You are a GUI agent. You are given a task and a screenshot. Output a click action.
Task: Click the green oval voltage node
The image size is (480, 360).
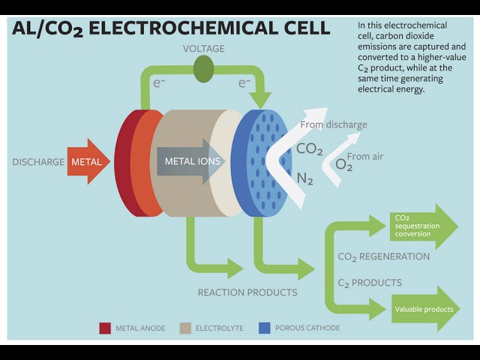click(x=203, y=70)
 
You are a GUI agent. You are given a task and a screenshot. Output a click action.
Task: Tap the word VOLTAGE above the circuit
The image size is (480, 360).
click(x=203, y=49)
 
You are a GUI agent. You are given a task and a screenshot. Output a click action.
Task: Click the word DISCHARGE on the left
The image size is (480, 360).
click(x=38, y=162)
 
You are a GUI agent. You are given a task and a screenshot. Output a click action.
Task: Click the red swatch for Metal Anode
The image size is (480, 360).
click(x=105, y=328)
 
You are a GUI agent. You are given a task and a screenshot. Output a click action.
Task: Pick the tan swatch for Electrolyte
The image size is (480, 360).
click(x=184, y=328)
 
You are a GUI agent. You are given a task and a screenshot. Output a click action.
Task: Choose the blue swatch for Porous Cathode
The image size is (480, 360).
click(x=264, y=328)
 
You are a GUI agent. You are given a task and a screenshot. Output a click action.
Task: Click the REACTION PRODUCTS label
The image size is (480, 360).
click(x=247, y=292)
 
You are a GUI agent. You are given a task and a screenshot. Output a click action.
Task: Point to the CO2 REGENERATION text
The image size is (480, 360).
click(x=383, y=256)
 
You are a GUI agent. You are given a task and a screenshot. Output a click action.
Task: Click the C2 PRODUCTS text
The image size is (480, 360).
click(x=370, y=283)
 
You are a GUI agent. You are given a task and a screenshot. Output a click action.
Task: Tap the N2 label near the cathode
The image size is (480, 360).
click(x=305, y=178)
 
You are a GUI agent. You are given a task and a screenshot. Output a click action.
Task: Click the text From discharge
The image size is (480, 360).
click(x=334, y=124)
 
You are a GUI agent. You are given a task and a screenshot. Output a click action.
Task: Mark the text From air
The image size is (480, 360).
click(x=365, y=156)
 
